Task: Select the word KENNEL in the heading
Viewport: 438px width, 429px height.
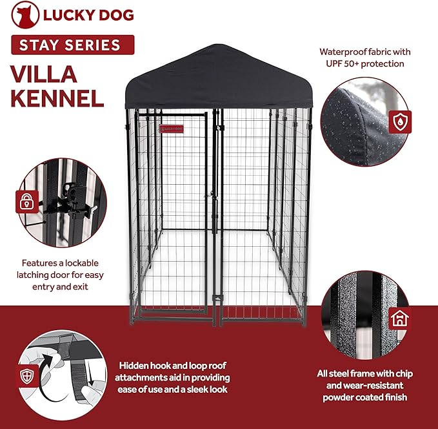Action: coord(57,99)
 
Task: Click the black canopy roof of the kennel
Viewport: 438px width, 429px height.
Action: coord(218,81)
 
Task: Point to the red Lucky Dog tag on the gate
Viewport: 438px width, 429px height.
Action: coord(171,128)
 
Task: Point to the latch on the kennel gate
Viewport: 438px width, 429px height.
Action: coord(210,194)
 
